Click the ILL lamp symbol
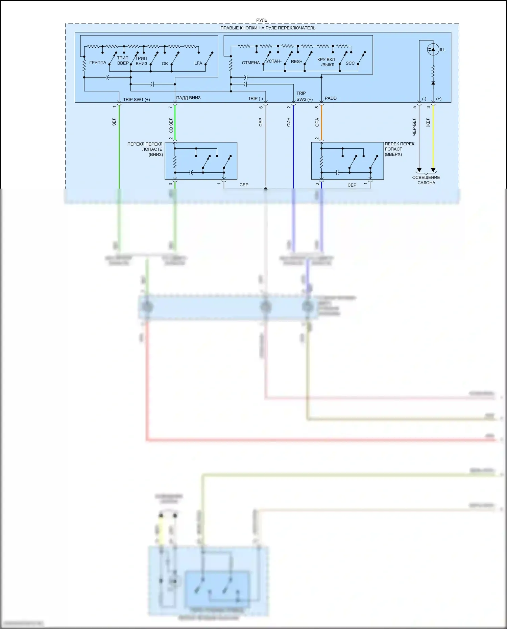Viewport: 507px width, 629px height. coord(433,49)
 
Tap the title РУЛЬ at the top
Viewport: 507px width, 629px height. coord(262,20)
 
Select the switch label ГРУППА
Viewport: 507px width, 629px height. coord(98,63)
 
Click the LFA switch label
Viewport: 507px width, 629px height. coord(198,63)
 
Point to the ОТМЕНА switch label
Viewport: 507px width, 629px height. coord(251,63)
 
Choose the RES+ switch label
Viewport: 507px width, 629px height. coord(296,62)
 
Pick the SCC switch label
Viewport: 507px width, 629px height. coord(350,63)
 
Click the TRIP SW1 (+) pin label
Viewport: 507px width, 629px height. coord(137,100)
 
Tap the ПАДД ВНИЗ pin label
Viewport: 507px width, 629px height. coord(188,98)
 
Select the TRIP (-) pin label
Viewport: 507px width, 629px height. coord(255,99)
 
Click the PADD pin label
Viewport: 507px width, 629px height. coord(331,98)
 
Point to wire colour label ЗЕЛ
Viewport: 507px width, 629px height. coord(114,122)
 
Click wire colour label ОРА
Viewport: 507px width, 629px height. coord(317,122)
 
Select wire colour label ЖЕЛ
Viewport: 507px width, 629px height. coord(428,122)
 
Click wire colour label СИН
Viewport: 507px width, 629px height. coord(289,123)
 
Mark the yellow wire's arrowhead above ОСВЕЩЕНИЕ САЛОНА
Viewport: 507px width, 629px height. coord(433,170)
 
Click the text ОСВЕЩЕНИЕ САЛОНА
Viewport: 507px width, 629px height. coord(426,180)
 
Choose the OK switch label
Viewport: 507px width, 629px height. coord(165,64)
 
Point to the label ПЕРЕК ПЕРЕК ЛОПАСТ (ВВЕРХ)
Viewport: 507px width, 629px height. coord(399,149)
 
